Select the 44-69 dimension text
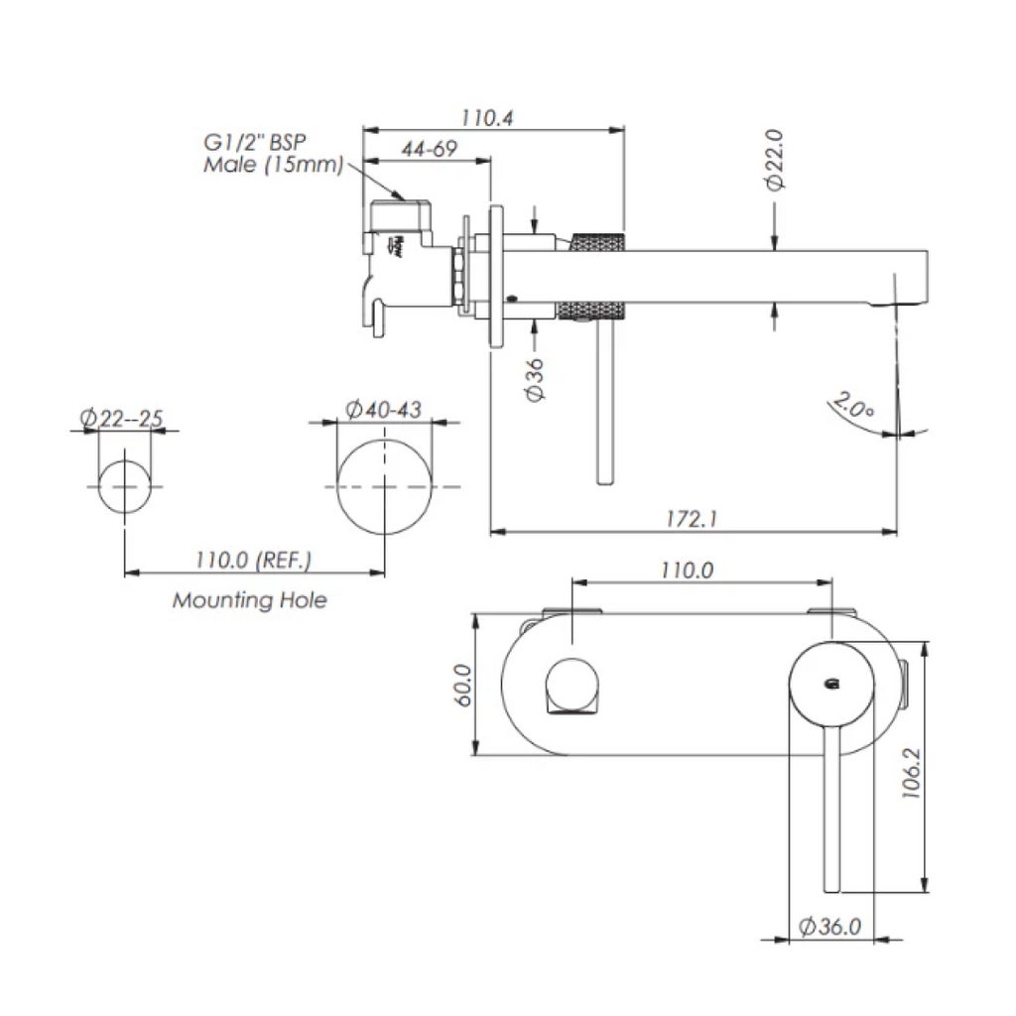tap(429, 149)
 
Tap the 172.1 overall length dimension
tap(692, 518)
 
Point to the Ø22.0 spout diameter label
tap(774, 160)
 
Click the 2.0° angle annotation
tap(854, 406)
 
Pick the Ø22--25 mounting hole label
tap(121, 418)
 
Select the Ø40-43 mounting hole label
tap(383, 410)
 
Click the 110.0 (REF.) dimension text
tap(253, 560)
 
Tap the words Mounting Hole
tap(249, 600)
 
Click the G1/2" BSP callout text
tap(254, 142)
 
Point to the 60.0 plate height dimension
tap(462, 685)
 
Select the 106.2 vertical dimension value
tap(911, 772)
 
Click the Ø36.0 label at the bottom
tap(830, 926)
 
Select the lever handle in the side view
tap(604, 402)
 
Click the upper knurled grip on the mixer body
tap(597, 242)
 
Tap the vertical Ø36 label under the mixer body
tap(535, 380)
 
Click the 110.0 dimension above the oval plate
tap(687, 571)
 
